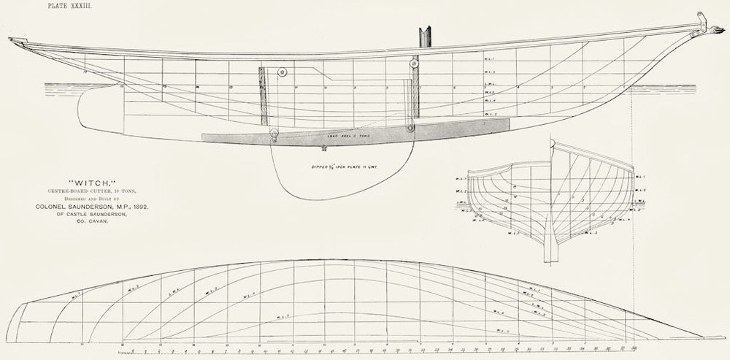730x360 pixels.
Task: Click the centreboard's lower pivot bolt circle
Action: click(274, 133)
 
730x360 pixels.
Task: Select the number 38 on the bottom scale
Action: click(635, 342)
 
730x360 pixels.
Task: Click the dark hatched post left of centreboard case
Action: click(261, 94)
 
